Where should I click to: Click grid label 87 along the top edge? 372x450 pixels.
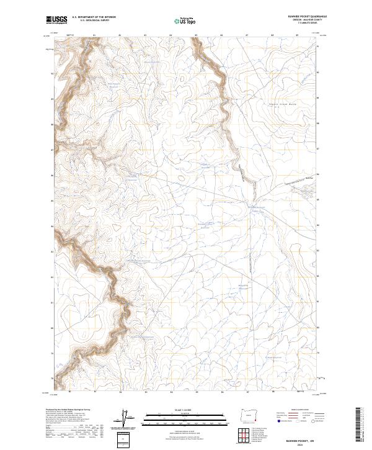pos(247,36)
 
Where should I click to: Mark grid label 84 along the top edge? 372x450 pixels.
pos(170,36)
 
